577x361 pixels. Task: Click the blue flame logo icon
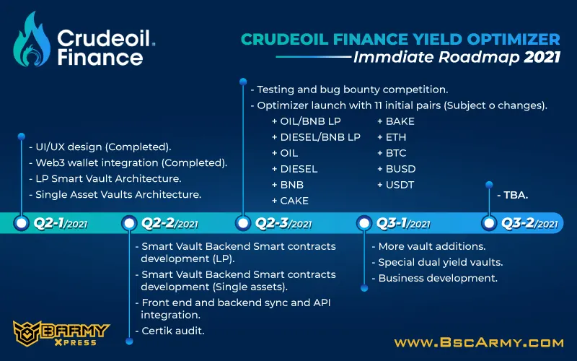click(32, 40)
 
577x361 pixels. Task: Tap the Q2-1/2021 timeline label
click(61, 223)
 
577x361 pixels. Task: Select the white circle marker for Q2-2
click(129, 223)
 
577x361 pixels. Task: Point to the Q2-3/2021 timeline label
click(283, 223)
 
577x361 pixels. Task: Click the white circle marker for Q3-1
click(364, 223)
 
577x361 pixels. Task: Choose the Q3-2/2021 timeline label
click(529, 223)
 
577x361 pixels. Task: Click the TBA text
click(513, 195)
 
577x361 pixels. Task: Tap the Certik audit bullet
click(169, 331)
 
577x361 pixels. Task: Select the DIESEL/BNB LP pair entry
click(316, 137)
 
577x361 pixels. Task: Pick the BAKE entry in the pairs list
click(396, 121)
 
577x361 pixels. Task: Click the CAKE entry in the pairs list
click(290, 201)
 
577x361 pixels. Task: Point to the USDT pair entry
click(395, 185)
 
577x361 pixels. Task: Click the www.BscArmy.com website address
click(479, 343)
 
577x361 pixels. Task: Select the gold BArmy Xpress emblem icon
click(27, 334)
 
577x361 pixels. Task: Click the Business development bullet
click(435, 278)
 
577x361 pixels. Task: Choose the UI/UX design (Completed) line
click(100, 147)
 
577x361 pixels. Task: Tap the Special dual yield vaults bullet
click(437, 262)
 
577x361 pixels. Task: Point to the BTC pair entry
click(392, 153)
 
